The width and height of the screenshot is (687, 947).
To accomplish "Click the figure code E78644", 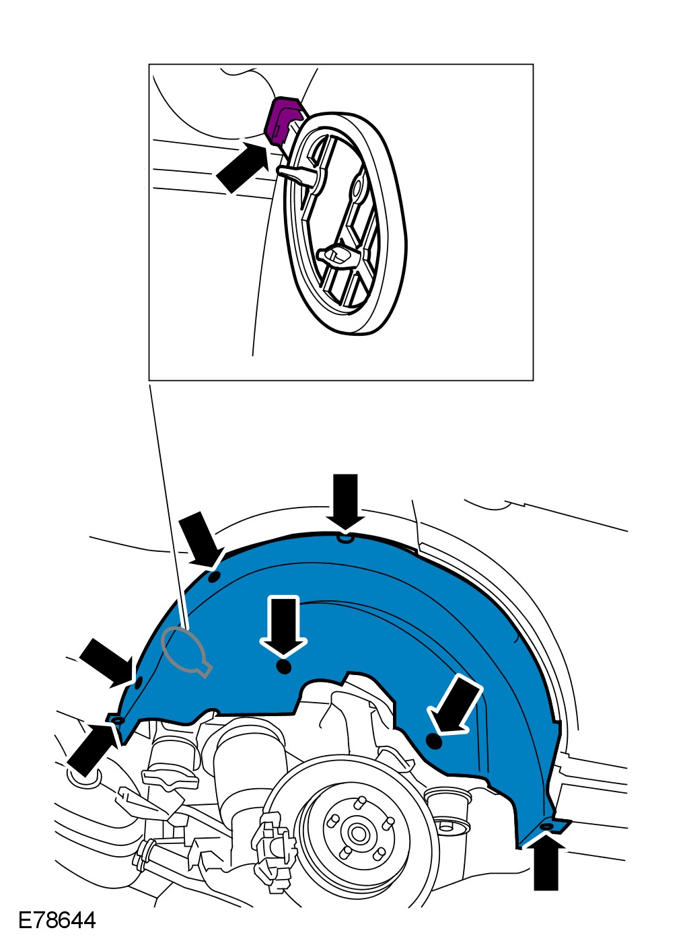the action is [57, 920].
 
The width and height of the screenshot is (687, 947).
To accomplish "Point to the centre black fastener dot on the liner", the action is [284, 667].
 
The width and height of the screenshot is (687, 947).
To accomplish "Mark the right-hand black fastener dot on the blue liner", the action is [434, 742].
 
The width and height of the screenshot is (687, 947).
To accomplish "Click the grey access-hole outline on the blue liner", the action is [184, 650].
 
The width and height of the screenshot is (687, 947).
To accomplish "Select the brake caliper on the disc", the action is [273, 852].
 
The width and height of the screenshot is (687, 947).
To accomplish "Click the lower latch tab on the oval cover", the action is [336, 255].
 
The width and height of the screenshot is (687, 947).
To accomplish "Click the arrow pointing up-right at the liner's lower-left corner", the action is [92, 750].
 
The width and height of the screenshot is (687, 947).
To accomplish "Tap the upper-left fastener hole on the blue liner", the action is [214, 577].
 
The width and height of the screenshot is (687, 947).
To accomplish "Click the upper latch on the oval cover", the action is [299, 172].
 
